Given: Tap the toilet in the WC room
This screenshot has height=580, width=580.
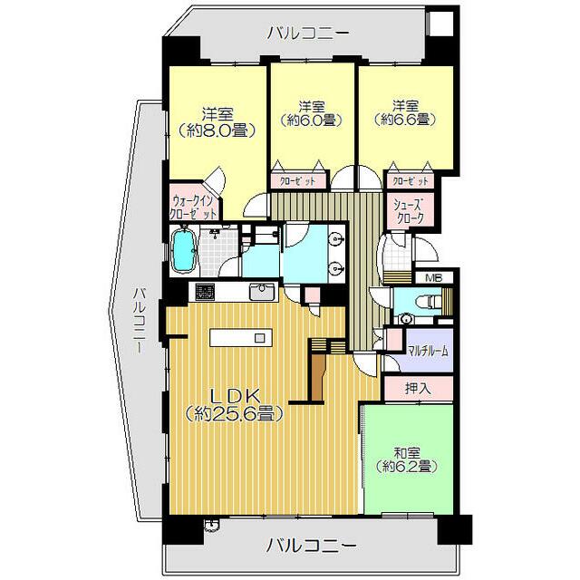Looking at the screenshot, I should [418, 304].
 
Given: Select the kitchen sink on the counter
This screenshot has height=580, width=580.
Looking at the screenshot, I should [261, 293].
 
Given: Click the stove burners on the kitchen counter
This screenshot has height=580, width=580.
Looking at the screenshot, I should [202, 293].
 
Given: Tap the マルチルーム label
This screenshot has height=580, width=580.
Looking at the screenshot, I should [427, 351].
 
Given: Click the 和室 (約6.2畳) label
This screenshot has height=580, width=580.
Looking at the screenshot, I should [405, 459].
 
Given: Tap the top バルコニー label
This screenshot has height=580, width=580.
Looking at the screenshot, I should [308, 34].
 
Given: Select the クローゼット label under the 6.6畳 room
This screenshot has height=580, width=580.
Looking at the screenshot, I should [411, 180].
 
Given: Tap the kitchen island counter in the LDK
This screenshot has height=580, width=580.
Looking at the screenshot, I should [239, 337].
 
